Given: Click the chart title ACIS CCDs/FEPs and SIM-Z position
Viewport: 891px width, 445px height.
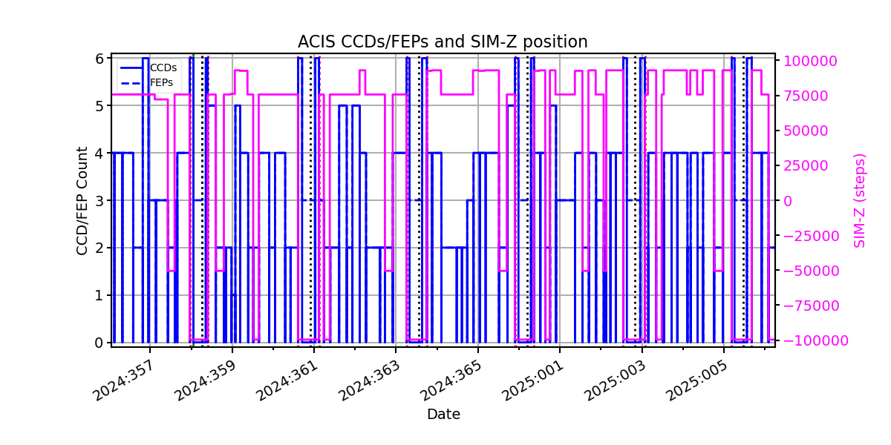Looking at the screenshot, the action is click(443, 42).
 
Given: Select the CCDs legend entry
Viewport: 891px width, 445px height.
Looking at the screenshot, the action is click(148, 68).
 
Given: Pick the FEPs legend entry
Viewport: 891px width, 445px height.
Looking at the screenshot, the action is click(147, 82).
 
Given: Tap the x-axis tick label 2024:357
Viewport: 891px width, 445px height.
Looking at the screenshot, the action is click(123, 380).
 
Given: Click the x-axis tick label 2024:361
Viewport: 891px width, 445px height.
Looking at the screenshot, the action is click(287, 380).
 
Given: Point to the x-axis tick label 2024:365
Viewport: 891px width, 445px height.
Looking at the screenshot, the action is click(451, 380).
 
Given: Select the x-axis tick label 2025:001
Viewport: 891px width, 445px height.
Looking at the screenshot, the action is click(533, 380).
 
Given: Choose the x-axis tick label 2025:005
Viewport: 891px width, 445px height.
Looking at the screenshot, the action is click(697, 380).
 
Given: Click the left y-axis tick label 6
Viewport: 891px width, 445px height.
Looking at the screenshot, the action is click(99, 59).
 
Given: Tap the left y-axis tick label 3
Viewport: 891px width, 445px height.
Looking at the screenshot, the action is click(99, 201).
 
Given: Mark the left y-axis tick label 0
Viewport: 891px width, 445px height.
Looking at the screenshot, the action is click(99, 343).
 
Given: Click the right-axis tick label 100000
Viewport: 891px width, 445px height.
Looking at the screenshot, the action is click(809, 61).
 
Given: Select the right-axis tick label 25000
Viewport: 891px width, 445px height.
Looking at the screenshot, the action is click(806, 165).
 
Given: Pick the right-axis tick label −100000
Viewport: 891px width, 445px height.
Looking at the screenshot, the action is click(815, 340).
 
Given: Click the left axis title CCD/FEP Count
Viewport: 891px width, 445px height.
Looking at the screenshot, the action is click(82, 201).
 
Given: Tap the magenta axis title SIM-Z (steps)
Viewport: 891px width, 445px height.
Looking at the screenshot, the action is click(860, 201).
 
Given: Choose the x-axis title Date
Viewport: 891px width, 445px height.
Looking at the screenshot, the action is click(443, 415).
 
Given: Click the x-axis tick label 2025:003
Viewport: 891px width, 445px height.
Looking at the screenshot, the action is click(615, 380).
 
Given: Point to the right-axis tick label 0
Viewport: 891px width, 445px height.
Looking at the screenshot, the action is click(788, 201).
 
